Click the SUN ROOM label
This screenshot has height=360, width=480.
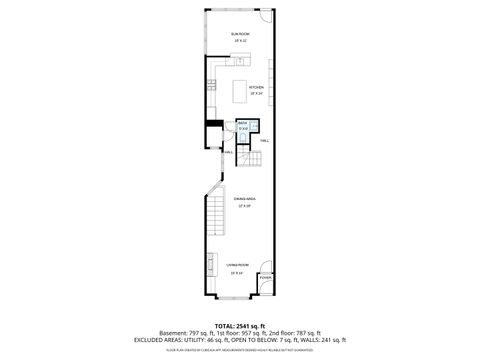[240, 34]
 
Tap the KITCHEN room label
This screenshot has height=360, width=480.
[241, 87]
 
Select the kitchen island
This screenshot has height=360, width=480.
[240, 92]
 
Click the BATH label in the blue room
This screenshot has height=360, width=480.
[243, 124]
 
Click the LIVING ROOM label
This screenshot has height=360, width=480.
[238, 267]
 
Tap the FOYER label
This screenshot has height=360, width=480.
[265, 279]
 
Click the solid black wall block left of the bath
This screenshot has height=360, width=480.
[212, 124]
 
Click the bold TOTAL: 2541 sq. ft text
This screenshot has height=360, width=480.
[240, 326]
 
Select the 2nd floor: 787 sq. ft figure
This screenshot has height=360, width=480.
[294, 333]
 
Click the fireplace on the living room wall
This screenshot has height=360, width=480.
[211, 264]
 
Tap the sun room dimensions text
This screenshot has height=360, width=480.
[240, 41]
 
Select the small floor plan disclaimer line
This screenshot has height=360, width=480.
[240, 349]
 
